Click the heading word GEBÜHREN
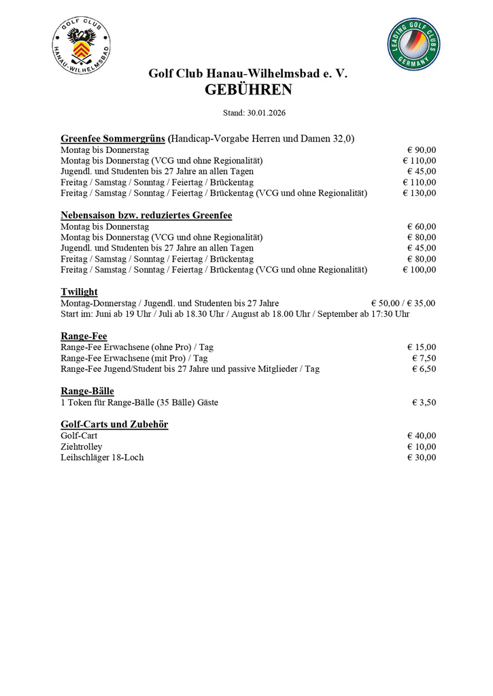click(x=248, y=90)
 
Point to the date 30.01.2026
click(x=262, y=112)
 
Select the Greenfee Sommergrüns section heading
click(x=114, y=138)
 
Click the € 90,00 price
click(x=422, y=150)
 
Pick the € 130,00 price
click(x=420, y=193)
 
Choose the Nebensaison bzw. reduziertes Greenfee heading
click(x=146, y=215)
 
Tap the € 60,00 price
click(x=422, y=226)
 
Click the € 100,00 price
click(x=420, y=270)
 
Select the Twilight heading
click(x=80, y=292)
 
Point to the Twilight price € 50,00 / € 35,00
click(x=403, y=303)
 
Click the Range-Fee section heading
click(x=84, y=336)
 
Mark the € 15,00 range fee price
click(x=422, y=347)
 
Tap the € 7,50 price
click(x=424, y=358)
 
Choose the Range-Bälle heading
click(x=87, y=391)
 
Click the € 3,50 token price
click(x=424, y=402)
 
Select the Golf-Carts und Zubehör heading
click(x=114, y=424)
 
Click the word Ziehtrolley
click(x=82, y=447)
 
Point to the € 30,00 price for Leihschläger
click(x=422, y=457)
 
